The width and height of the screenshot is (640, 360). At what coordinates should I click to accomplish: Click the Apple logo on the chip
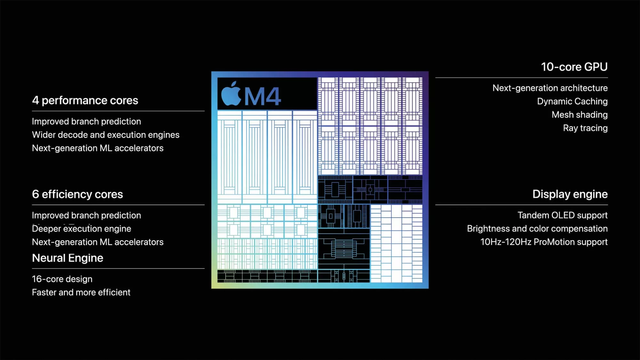tap(231, 94)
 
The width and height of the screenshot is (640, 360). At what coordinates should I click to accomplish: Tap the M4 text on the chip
tap(262, 96)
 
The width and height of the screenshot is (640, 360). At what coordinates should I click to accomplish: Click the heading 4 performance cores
tap(85, 100)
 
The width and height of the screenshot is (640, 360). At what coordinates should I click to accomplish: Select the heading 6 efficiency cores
tap(77, 194)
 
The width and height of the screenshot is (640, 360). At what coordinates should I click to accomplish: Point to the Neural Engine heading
tap(68, 258)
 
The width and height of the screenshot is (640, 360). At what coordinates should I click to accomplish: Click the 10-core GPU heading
tap(574, 67)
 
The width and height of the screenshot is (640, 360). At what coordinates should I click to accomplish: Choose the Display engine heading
tap(570, 194)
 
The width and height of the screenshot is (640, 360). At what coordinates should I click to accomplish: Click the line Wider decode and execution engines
tap(106, 135)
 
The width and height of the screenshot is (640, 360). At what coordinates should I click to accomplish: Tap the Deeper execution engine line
tap(82, 228)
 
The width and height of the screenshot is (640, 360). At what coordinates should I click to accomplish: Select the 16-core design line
tap(62, 279)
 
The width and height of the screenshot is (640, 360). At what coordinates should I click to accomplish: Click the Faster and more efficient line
tap(81, 292)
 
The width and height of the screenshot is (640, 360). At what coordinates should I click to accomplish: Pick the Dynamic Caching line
tap(572, 101)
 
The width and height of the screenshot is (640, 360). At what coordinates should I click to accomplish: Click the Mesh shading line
tap(580, 115)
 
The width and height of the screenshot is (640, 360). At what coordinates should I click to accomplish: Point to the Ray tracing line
tap(585, 128)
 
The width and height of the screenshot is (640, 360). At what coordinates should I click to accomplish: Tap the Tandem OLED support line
tap(563, 215)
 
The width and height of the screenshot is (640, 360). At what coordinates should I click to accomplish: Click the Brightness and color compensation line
tap(537, 228)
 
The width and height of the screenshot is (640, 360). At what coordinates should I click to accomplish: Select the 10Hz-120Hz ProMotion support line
tap(544, 242)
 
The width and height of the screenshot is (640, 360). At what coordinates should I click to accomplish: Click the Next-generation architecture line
tap(550, 88)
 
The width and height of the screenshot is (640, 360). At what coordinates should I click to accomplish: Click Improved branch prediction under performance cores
tap(86, 122)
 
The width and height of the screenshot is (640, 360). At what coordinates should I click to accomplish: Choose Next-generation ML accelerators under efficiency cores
tap(98, 242)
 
